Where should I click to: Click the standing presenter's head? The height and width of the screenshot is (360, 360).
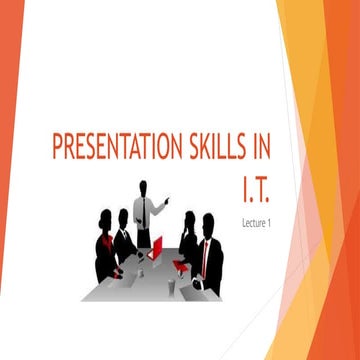146,187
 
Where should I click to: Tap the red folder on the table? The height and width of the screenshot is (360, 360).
181,266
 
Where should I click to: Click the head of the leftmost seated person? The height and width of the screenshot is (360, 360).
105,218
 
